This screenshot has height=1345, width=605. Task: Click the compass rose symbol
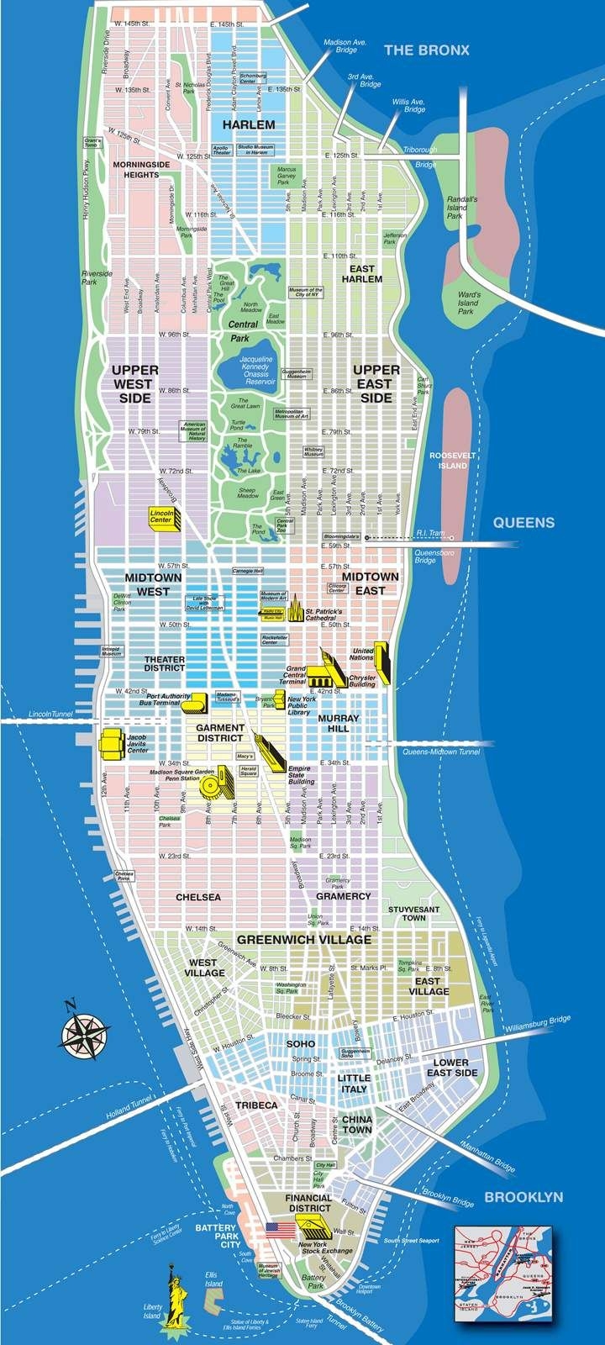point(82,1030)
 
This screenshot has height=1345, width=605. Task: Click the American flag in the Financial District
point(277,1229)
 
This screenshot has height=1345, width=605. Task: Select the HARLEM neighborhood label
point(249,124)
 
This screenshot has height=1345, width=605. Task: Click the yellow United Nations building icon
point(382,662)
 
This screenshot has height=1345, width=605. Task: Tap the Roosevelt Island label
point(453,460)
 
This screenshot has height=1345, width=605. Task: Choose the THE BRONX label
point(426,50)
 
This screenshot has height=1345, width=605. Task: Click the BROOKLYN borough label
point(523,1196)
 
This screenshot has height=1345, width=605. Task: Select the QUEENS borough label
point(523,522)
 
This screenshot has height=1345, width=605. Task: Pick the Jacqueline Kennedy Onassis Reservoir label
point(256,370)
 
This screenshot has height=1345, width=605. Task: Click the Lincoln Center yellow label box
point(161,516)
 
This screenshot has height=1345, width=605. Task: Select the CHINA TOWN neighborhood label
point(357,1125)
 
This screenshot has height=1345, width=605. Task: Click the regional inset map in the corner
point(504,1273)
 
